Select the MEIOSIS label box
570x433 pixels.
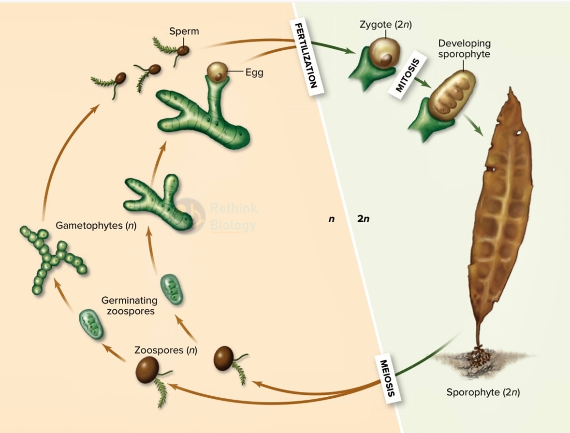388,378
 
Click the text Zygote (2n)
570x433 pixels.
386,25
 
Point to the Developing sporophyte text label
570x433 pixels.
464,49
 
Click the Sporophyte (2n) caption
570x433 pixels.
483,393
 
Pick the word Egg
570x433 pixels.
254,72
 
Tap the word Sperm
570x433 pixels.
184,31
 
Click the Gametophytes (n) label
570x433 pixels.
96,226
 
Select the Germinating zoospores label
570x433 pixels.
130,306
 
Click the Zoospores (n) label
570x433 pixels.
166,350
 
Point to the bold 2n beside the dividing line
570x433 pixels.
363,219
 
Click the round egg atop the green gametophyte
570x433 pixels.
218,72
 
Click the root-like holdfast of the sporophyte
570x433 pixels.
479,356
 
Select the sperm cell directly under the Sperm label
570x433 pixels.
183,50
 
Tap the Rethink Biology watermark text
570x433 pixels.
234,217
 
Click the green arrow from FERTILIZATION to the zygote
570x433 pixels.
334,48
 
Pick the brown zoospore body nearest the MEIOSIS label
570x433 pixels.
223,358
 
